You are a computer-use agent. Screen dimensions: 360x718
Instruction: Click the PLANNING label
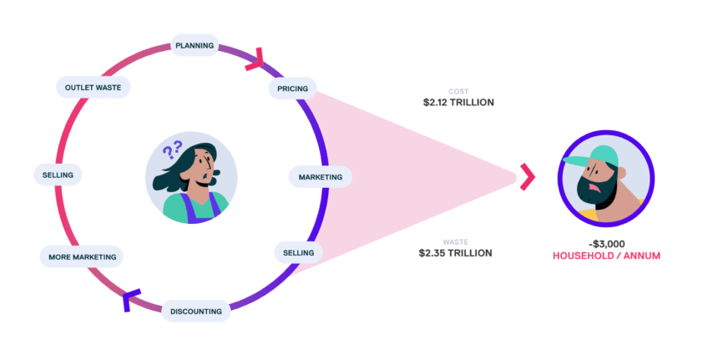195,45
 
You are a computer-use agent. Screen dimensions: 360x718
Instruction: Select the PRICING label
291,87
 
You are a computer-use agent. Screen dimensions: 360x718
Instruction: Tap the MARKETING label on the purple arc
321,177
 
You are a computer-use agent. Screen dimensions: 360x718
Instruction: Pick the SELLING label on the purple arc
298,251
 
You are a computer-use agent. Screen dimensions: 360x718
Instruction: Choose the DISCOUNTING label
195,312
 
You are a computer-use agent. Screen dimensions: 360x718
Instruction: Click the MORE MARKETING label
82,256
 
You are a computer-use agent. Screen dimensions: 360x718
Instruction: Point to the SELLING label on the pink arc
58,175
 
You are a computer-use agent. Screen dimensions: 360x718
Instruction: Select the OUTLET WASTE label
92,87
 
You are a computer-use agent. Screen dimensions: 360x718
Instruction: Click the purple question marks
172,150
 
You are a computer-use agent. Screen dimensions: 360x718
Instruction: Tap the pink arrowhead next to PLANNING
255,58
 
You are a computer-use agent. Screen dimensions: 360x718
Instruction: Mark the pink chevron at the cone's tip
527,176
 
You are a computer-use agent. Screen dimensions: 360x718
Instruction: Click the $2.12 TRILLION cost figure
458,103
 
